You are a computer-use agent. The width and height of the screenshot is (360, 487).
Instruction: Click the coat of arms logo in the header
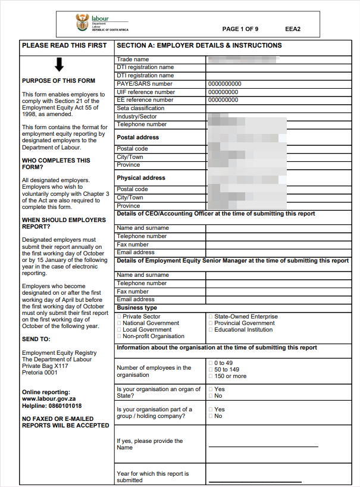82,24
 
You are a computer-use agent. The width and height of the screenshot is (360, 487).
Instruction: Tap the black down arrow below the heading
59,64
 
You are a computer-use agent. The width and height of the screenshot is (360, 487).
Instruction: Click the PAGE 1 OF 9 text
240,29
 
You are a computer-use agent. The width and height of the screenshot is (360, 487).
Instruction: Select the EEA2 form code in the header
293,29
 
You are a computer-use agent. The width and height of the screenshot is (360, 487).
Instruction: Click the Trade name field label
133,60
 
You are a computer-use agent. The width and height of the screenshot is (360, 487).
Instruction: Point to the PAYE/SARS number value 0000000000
225,84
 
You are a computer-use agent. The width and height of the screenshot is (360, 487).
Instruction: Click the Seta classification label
140,108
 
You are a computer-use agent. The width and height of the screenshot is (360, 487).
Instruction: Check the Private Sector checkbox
119,317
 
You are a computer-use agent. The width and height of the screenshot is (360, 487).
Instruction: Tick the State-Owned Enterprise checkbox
211,317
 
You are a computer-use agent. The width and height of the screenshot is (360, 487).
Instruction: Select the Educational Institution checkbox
211,330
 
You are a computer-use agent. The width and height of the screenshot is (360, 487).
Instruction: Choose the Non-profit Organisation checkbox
119,336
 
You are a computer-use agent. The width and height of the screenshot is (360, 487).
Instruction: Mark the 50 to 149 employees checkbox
211,370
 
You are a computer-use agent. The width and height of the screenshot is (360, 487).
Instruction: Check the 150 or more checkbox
211,376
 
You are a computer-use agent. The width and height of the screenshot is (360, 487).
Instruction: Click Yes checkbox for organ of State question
211,389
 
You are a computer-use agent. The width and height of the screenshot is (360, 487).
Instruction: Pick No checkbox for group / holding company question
211,416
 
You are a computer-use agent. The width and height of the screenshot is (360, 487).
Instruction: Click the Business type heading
137,308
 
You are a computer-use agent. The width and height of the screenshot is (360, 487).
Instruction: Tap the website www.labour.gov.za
49,399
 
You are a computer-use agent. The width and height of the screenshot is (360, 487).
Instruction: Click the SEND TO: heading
36,339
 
